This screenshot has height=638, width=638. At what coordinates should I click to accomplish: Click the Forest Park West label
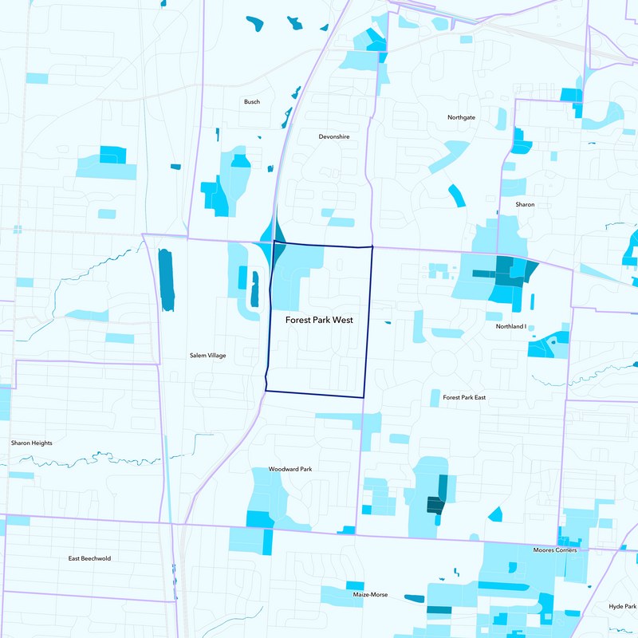319,320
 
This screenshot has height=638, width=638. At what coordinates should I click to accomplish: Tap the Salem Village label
207,355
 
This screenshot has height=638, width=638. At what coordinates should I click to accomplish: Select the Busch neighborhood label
252,102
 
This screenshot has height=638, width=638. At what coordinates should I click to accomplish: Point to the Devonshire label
333,137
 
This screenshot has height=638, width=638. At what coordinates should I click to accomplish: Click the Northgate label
461,117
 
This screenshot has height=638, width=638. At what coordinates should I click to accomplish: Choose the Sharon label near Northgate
525,205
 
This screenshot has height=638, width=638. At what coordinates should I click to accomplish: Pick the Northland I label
510,327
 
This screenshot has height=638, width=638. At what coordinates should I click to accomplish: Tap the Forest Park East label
463,397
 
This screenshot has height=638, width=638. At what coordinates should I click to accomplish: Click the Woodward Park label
289,469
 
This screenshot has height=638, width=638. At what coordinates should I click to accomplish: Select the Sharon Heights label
31,443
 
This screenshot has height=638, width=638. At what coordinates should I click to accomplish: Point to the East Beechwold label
89,558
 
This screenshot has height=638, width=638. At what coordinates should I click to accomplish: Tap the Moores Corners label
555,550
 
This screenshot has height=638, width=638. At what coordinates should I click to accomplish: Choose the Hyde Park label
622,607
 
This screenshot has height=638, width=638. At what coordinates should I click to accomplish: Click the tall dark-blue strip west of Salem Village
166,279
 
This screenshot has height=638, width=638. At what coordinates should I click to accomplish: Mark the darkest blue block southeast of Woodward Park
435,504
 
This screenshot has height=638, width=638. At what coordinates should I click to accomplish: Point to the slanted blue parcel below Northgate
455,195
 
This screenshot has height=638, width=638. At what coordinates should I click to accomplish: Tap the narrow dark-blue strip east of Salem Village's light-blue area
255,289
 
